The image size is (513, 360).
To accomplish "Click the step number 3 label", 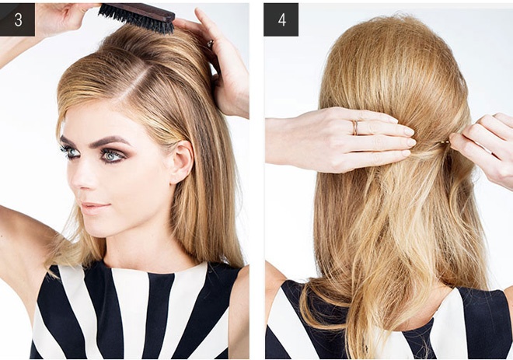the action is (17, 19).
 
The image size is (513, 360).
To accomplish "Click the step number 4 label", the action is (281, 19).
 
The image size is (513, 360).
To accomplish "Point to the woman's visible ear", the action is (181, 162).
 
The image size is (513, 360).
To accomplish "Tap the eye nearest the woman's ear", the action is (113, 156).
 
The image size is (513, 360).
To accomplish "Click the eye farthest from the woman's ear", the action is (70, 152).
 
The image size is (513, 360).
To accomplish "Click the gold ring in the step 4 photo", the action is (355, 128).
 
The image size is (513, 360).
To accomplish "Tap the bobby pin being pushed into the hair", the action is (445, 142).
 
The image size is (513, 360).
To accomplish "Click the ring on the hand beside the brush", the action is (210, 44).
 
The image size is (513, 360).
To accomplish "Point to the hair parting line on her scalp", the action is (131, 84).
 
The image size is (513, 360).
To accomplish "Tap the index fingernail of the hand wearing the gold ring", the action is (409, 131).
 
